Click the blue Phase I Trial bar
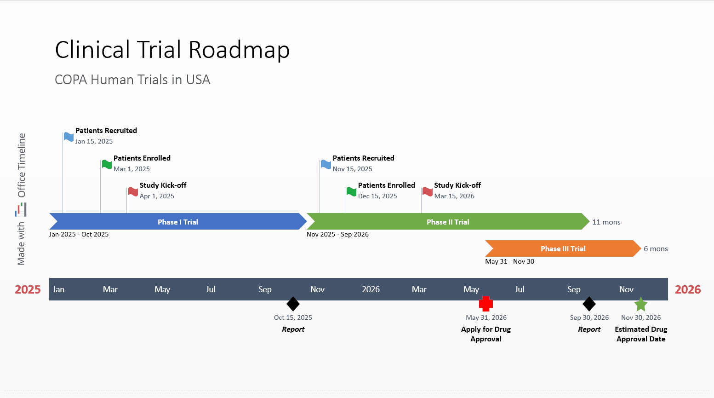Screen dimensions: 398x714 pos(178,222)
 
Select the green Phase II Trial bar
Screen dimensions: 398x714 pos(448,222)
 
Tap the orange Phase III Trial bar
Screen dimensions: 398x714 pos(563,248)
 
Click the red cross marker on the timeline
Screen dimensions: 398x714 pos(486,304)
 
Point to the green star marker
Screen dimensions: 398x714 pos(641,304)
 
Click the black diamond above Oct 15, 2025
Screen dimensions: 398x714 pos(293,304)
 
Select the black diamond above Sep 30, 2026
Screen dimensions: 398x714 pos(589,304)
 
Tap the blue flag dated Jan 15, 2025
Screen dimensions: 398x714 pos(69,137)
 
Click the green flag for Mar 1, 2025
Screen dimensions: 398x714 pos(107,164)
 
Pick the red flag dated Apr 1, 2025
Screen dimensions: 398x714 pos(133,191)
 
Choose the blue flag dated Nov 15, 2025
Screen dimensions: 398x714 pos(326,164)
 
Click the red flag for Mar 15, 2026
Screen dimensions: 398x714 pos(428,191)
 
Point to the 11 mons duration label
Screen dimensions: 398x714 pos(606,222)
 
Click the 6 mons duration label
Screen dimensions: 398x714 pos(656,249)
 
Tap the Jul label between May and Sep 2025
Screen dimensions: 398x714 pos(211,289)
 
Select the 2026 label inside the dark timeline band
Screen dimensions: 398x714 pos(371,289)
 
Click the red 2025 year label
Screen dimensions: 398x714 pos(28,289)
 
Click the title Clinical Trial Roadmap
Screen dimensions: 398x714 pos(172,50)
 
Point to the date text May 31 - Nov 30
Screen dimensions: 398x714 pos(509,261)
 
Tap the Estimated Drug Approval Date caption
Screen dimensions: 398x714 pos(641,334)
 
